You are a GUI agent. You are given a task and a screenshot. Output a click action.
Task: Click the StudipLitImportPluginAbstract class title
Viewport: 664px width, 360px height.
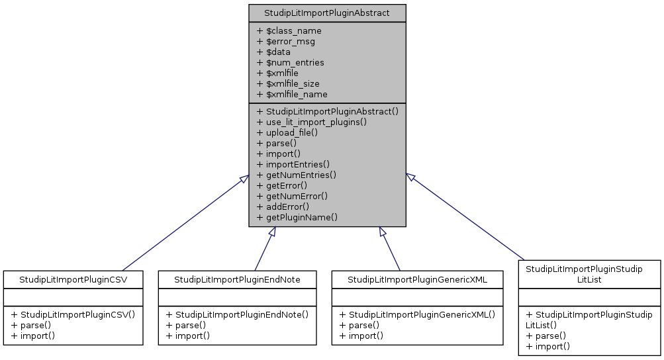tap(327, 13)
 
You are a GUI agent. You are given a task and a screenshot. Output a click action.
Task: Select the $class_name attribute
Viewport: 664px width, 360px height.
tap(289, 31)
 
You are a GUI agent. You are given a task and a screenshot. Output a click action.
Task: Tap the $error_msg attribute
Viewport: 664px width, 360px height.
tap(285, 42)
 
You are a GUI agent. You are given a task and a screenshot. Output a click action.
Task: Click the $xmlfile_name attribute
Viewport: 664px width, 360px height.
tap(291, 95)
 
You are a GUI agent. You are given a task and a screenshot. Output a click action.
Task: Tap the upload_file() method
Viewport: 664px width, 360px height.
tap(287, 133)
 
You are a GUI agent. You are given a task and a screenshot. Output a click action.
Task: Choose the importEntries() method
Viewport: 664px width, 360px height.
tap(293, 165)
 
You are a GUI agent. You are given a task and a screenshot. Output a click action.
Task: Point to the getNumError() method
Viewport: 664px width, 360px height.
tap(292, 197)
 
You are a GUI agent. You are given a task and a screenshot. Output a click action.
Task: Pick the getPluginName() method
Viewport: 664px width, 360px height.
tap(297, 218)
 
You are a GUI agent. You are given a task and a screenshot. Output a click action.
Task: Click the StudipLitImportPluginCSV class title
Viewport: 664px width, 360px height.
tap(73, 280)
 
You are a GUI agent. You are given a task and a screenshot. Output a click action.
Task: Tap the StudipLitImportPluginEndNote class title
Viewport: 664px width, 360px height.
tap(237, 280)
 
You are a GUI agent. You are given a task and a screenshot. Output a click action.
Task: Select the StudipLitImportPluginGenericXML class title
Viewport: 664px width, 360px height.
tap(417, 280)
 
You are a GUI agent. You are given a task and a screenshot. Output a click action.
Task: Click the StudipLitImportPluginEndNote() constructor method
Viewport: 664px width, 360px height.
tap(237, 315)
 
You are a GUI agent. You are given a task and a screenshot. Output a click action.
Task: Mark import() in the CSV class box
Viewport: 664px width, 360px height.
tap(32, 336)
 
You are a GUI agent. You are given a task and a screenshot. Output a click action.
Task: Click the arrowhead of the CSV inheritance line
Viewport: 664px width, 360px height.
tap(244, 180)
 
